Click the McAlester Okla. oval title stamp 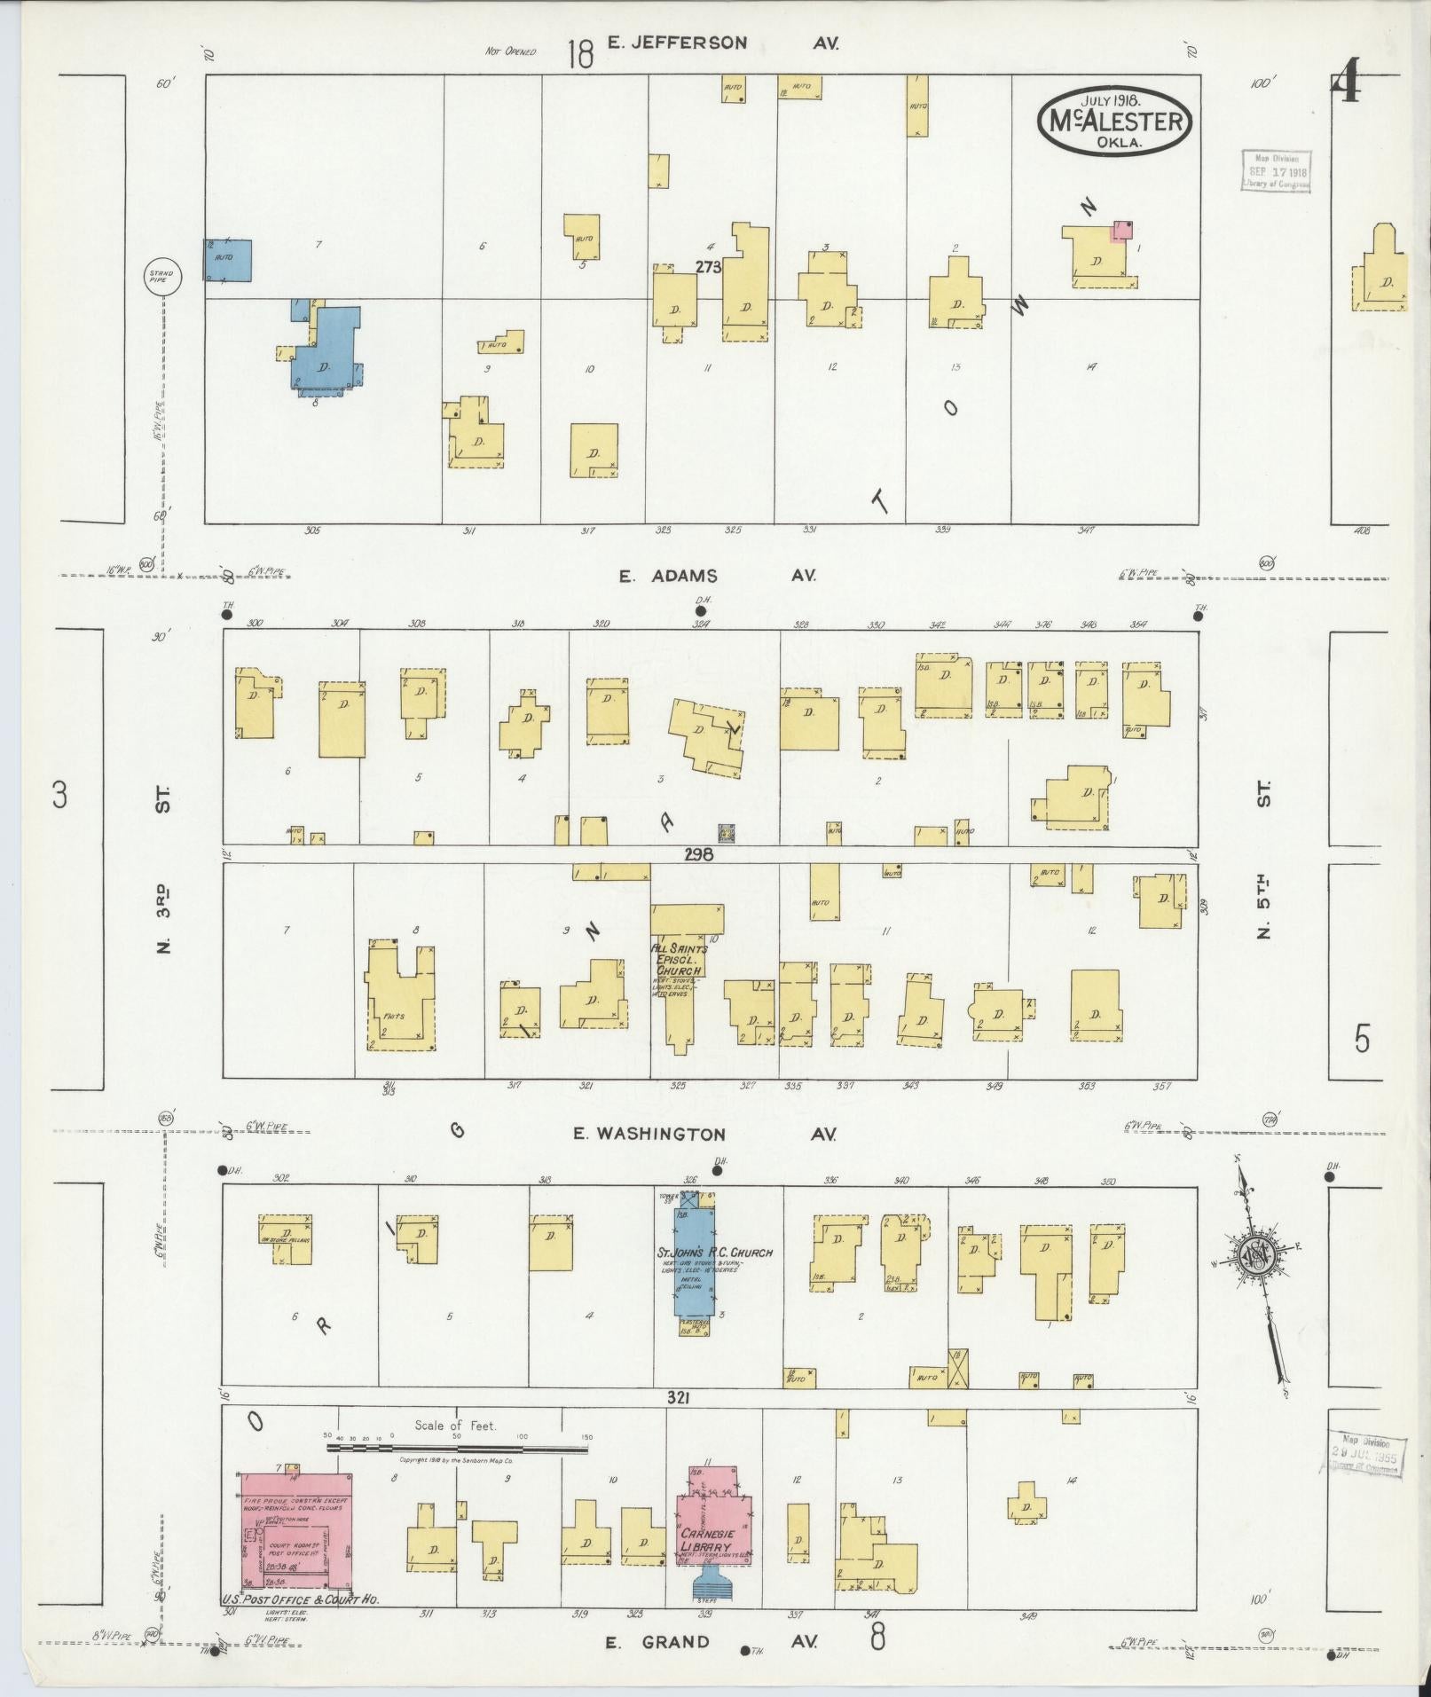(1114, 121)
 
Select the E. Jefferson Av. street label (722, 43)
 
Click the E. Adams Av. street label (717, 576)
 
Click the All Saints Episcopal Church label (679, 960)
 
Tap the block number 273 (709, 266)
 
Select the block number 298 (698, 855)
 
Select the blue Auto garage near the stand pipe (229, 260)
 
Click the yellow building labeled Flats (401, 998)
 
